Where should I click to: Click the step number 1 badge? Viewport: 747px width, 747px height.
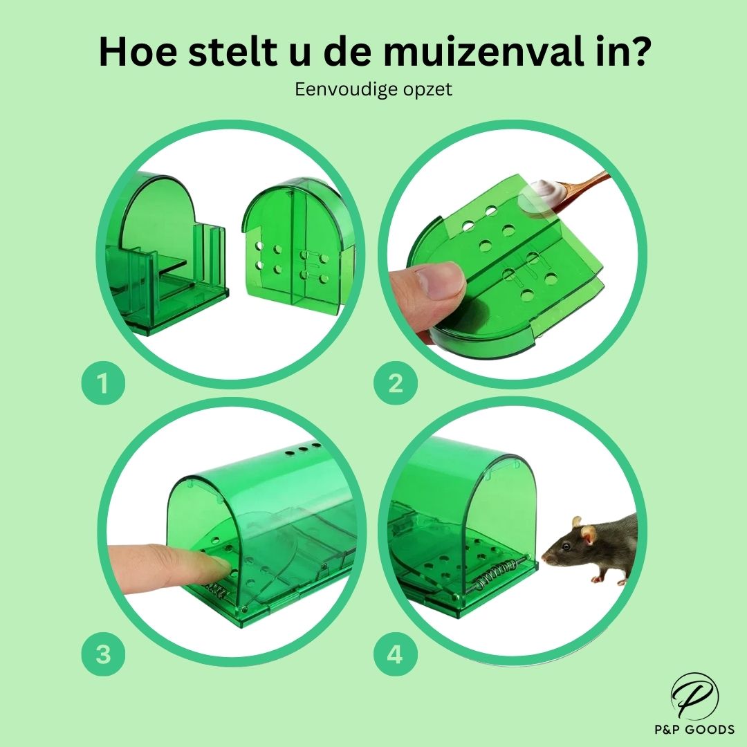(103, 383)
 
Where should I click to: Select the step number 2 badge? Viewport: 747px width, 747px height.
(396, 383)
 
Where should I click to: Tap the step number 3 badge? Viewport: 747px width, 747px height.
(103, 654)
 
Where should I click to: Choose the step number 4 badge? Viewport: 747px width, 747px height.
(396, 654)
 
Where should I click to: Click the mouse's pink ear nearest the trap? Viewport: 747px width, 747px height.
(589, 535)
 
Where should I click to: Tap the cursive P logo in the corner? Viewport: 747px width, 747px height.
(695, 697)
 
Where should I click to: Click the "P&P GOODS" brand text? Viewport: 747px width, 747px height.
(694, 729)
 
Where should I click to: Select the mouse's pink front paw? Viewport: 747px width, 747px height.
(596, 580)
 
